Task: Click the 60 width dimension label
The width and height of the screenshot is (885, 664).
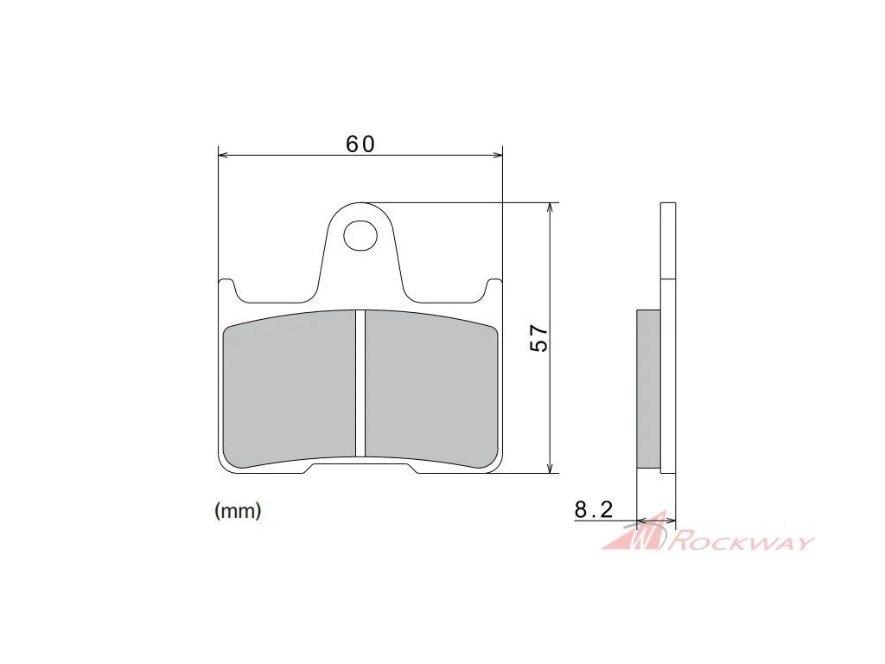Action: (360, 144)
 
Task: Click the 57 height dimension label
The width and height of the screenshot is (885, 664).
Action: (539, 338)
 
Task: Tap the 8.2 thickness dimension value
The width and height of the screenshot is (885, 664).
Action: (594, 510)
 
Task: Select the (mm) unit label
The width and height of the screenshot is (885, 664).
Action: (238, 510)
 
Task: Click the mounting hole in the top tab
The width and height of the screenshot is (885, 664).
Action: (360, 235)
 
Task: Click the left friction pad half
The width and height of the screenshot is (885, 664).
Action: (289, 390)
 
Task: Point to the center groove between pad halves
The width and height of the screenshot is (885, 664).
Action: (360, 383)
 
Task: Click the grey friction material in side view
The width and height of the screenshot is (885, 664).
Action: (648, 388)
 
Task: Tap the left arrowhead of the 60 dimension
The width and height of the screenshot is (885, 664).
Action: (222, 154)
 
